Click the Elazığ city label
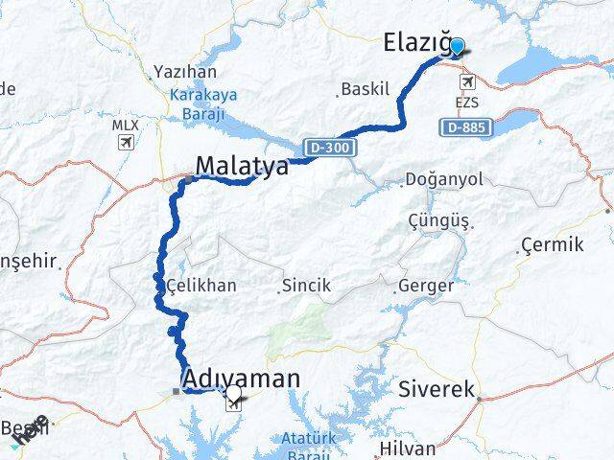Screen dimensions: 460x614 click(x=415, y=42)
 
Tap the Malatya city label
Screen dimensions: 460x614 click(x=241, y=167)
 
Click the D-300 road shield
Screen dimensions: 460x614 click(x=331, y=148)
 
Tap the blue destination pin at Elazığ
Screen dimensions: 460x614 click(x=457, y=47)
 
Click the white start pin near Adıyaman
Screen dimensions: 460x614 click(x=233, y=394)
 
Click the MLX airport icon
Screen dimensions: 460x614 click(x=125, y=143)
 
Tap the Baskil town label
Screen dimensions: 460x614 click(x=367, y=90)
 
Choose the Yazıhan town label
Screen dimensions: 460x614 click(x=185, y=72)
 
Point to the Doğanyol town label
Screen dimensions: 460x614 click(x=445, y=179)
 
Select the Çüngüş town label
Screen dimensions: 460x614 click(x=438, y=220)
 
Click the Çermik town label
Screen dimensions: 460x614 click(x=553, y=246)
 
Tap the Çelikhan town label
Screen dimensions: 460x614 click(x=201, y=285)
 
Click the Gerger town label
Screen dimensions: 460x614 click(x=424, y=285)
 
